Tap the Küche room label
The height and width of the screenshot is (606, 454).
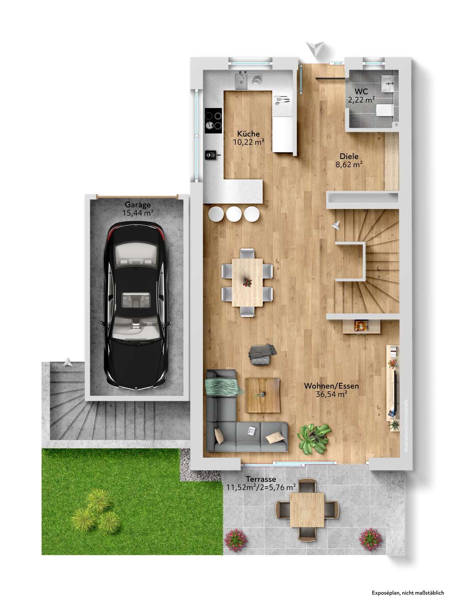[x=248, y=134]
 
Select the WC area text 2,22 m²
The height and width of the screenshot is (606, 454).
[x=361, y=100]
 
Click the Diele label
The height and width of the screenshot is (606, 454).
[x=349, y=156]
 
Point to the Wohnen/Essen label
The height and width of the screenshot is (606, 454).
[x=331, y=385]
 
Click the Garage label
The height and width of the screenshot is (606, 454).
[x=138, y=205]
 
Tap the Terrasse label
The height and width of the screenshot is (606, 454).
[x=261, y=479]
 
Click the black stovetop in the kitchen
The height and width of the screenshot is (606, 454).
[x=213, y=121]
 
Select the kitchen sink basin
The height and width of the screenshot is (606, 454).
[x=241, y=82]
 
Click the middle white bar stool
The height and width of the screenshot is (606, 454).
[x=234, y=214]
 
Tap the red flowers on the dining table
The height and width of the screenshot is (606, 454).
[x=247, y=282]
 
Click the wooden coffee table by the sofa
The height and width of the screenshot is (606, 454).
[x=263, y=395]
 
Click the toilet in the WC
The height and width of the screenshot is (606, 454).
[x=385, y=110]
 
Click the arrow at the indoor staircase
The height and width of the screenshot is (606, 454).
[x=336, y=226]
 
